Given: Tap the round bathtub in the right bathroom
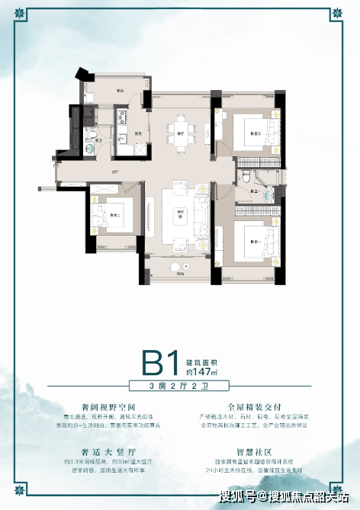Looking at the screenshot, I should coord(268,194).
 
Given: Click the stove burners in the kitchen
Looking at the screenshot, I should coord(120,117).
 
